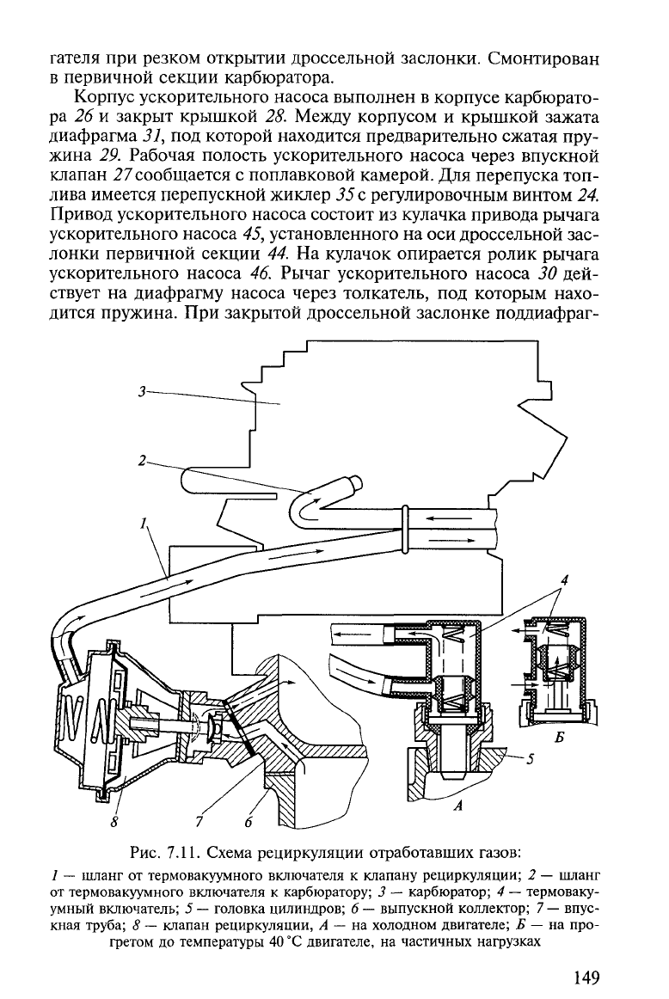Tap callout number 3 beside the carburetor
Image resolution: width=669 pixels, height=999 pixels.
coord(142,392)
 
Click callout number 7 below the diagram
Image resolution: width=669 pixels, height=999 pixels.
coord(200,823)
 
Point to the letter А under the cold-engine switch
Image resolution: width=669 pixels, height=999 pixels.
coord(457,806)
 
